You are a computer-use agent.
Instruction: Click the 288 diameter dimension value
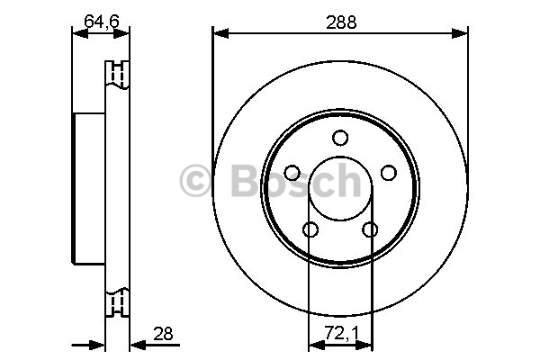pyautogui.click(x=341, y=22)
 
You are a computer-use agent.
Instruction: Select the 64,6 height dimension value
pyautogui.click(x=102, y=22)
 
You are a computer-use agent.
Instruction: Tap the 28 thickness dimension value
pyautogui.click(x=163, y=334)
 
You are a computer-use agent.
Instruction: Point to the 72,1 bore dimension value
pyautogui.click(x=342, y=334)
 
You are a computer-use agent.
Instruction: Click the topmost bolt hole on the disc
pyautogui.click(x=340, y=138)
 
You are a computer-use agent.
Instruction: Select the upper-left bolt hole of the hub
pyautogui.click(x=292, y=173)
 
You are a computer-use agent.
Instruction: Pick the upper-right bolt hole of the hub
pyautogui.click(x=389, y=173)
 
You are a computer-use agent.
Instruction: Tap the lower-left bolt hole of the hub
pyautogui.click(x=310, y=229)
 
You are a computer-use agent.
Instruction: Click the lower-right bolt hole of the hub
pyautogui.click(x=370, y=229)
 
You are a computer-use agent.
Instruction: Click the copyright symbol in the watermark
pyautogui.click(x=194, y=180)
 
